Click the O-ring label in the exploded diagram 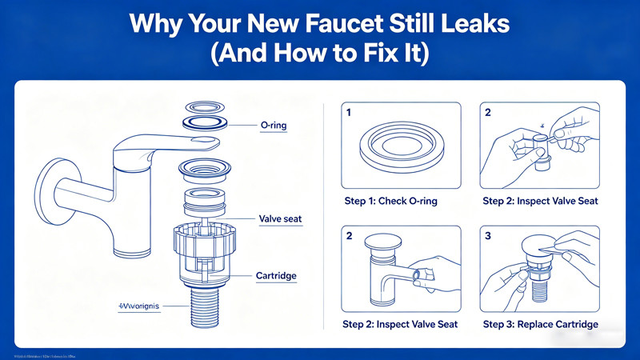[275, 125]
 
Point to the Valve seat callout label [280, 219]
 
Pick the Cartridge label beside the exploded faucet [275, 276]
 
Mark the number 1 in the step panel [350, 113]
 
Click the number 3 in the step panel [488, 236]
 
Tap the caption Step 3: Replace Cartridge [540, 324]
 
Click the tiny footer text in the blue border [48, 354]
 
